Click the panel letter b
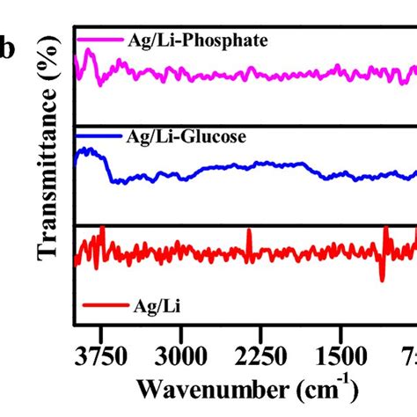tap(11, 50)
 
